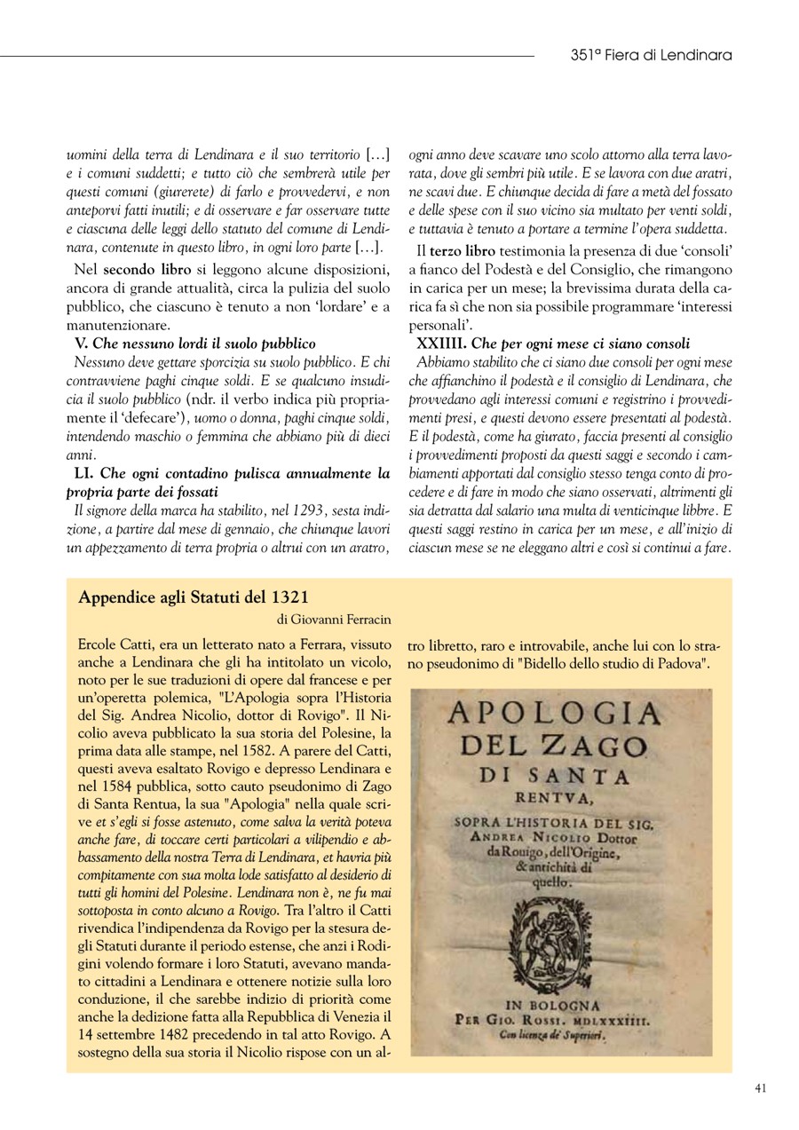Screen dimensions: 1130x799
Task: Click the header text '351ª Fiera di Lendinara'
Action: point(651,55)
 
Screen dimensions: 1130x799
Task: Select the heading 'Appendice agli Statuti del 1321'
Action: point(193,597)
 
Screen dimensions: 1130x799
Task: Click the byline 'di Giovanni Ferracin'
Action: point(334,620)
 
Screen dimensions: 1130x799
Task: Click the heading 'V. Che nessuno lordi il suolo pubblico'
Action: point(194,343)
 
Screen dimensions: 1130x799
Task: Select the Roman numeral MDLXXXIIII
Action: point(613,1022)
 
